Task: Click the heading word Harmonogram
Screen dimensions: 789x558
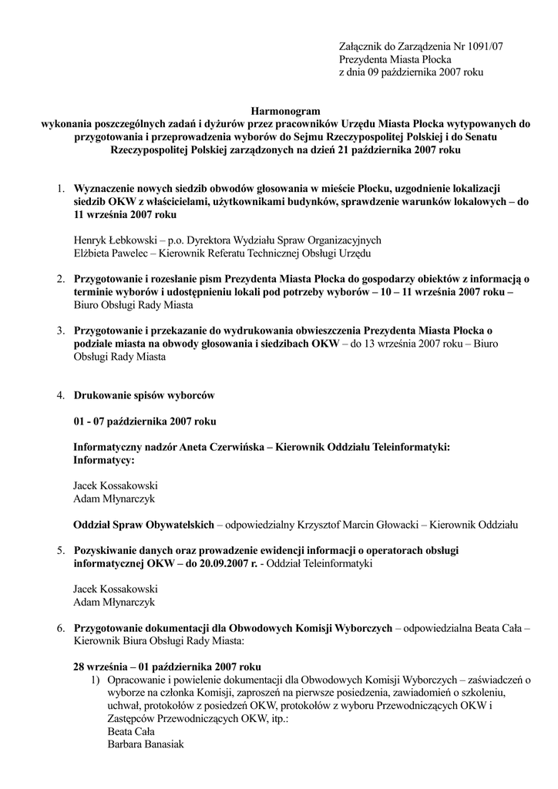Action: pyautogui.click(x=286, y=112)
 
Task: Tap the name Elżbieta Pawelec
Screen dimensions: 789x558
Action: pyautogui.click(x=110, y=253)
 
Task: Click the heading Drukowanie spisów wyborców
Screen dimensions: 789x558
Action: pyautogui.click(x=143, y=395)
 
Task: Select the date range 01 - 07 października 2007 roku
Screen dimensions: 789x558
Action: pyautogui.click(x=145, y=421)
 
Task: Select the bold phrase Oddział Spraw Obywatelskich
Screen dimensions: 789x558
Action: pyautogui.click(x=143, y=525)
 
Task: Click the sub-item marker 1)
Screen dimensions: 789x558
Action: pyautogui.click(x=96, y=680)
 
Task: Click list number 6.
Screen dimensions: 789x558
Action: pyautogui.click(x=60, y=628)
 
